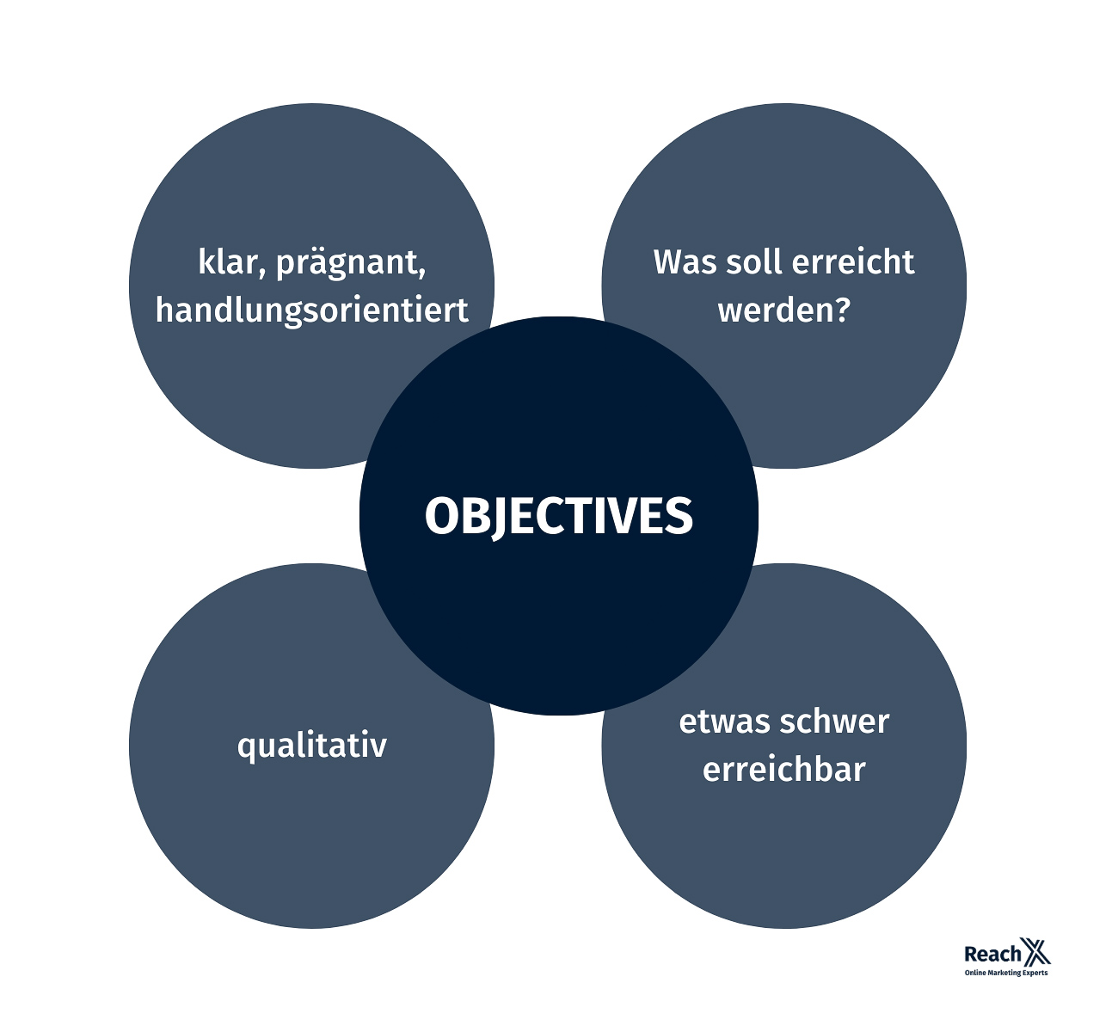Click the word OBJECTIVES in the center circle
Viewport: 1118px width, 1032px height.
coord(558,516)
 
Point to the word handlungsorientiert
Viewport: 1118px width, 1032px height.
coord(312,310)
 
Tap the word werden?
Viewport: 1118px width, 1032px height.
coord(783,310)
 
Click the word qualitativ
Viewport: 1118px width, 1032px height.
coord(312,746)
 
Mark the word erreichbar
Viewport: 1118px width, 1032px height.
coord(783,769)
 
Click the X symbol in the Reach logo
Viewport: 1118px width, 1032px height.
coord(1035,953)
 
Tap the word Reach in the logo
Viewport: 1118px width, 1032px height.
coord(992,955)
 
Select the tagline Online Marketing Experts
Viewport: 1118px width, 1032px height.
coord(1006,974)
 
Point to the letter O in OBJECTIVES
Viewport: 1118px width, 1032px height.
coord(443,516)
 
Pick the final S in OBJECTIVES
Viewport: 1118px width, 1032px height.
coord(679,516)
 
